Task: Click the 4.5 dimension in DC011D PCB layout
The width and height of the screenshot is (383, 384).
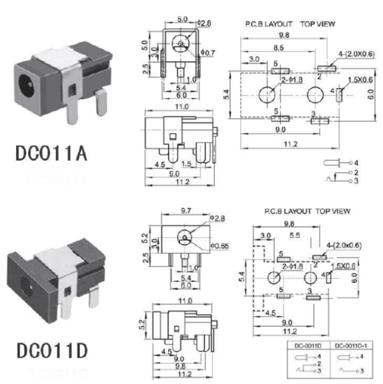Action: point(267,313)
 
